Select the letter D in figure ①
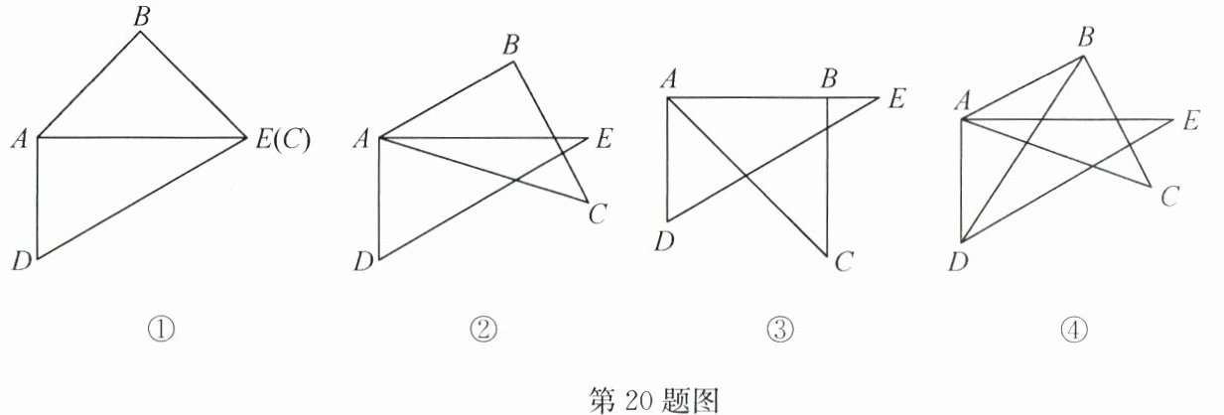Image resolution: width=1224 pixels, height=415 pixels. [x=20, y=262]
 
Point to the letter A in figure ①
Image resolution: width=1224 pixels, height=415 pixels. [x=19, y=140]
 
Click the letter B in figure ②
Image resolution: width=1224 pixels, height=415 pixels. [x=511, y=45]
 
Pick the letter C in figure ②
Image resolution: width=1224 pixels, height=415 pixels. [x=598, y=212]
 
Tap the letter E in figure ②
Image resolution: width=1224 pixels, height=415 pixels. [x=604, y=141]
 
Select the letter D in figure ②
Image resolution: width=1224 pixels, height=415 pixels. [x=363, y=262]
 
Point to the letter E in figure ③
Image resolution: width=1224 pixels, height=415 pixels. [x=896, y=99]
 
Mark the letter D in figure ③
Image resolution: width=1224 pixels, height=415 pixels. [x=666, y=241]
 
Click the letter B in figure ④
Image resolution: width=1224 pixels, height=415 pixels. [x=1086, y=39]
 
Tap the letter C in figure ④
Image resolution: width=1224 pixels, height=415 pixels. [x=1169, y=197]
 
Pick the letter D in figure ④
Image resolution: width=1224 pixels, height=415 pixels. [x=958, y=262]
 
